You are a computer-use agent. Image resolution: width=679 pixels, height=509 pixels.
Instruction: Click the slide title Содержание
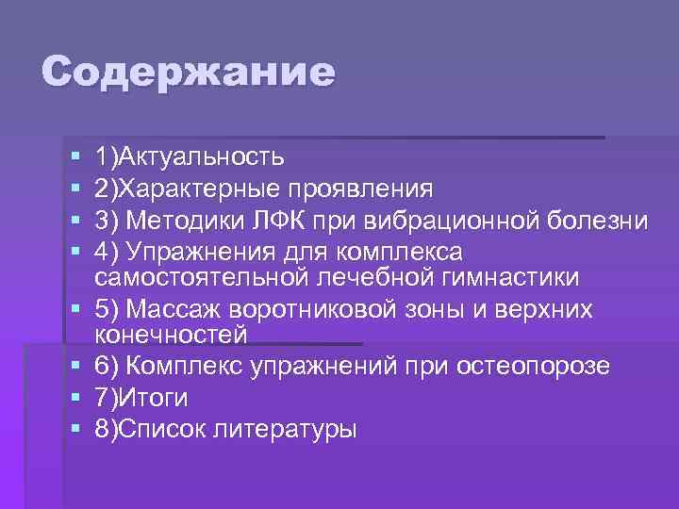coord(188,73)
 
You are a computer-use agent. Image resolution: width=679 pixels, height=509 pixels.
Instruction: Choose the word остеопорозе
coord(533,366)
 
